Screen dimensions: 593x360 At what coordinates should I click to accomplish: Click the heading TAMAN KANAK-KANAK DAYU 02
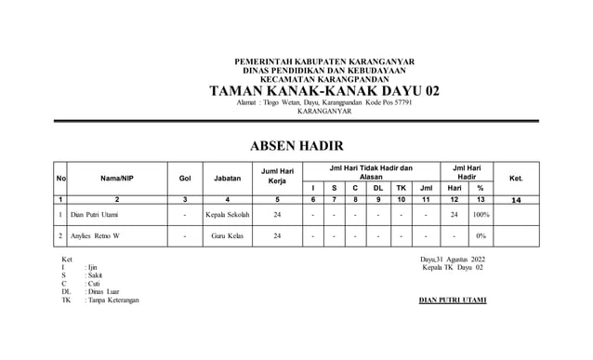[323, 91]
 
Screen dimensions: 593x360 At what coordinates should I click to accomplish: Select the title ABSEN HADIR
[296, 146]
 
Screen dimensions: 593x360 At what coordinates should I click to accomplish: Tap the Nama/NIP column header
[117, 178]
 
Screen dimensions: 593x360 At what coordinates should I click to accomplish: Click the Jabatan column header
[228, 178]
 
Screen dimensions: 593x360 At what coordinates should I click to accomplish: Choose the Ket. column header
[517, 178]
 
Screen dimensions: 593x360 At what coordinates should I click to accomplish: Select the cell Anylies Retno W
[95, 236]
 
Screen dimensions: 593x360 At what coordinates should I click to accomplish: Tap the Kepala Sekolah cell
[228, 215]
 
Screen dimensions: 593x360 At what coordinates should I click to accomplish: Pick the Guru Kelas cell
[228, 236]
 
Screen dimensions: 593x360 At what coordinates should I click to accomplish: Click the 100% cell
[481, 215]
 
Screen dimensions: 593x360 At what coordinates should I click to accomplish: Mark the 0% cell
[481, 236]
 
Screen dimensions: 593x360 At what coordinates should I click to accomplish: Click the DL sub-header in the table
[378, 187]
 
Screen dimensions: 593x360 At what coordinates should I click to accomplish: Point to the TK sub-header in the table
[401, 187]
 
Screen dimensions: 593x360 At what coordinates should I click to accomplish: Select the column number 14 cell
[517, 199]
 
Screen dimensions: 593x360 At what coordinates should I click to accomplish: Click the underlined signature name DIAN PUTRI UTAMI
[453, 300]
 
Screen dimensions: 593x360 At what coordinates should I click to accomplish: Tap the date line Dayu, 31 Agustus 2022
[453, 259]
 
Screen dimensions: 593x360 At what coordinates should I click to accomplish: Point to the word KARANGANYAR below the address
[323, 112]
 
